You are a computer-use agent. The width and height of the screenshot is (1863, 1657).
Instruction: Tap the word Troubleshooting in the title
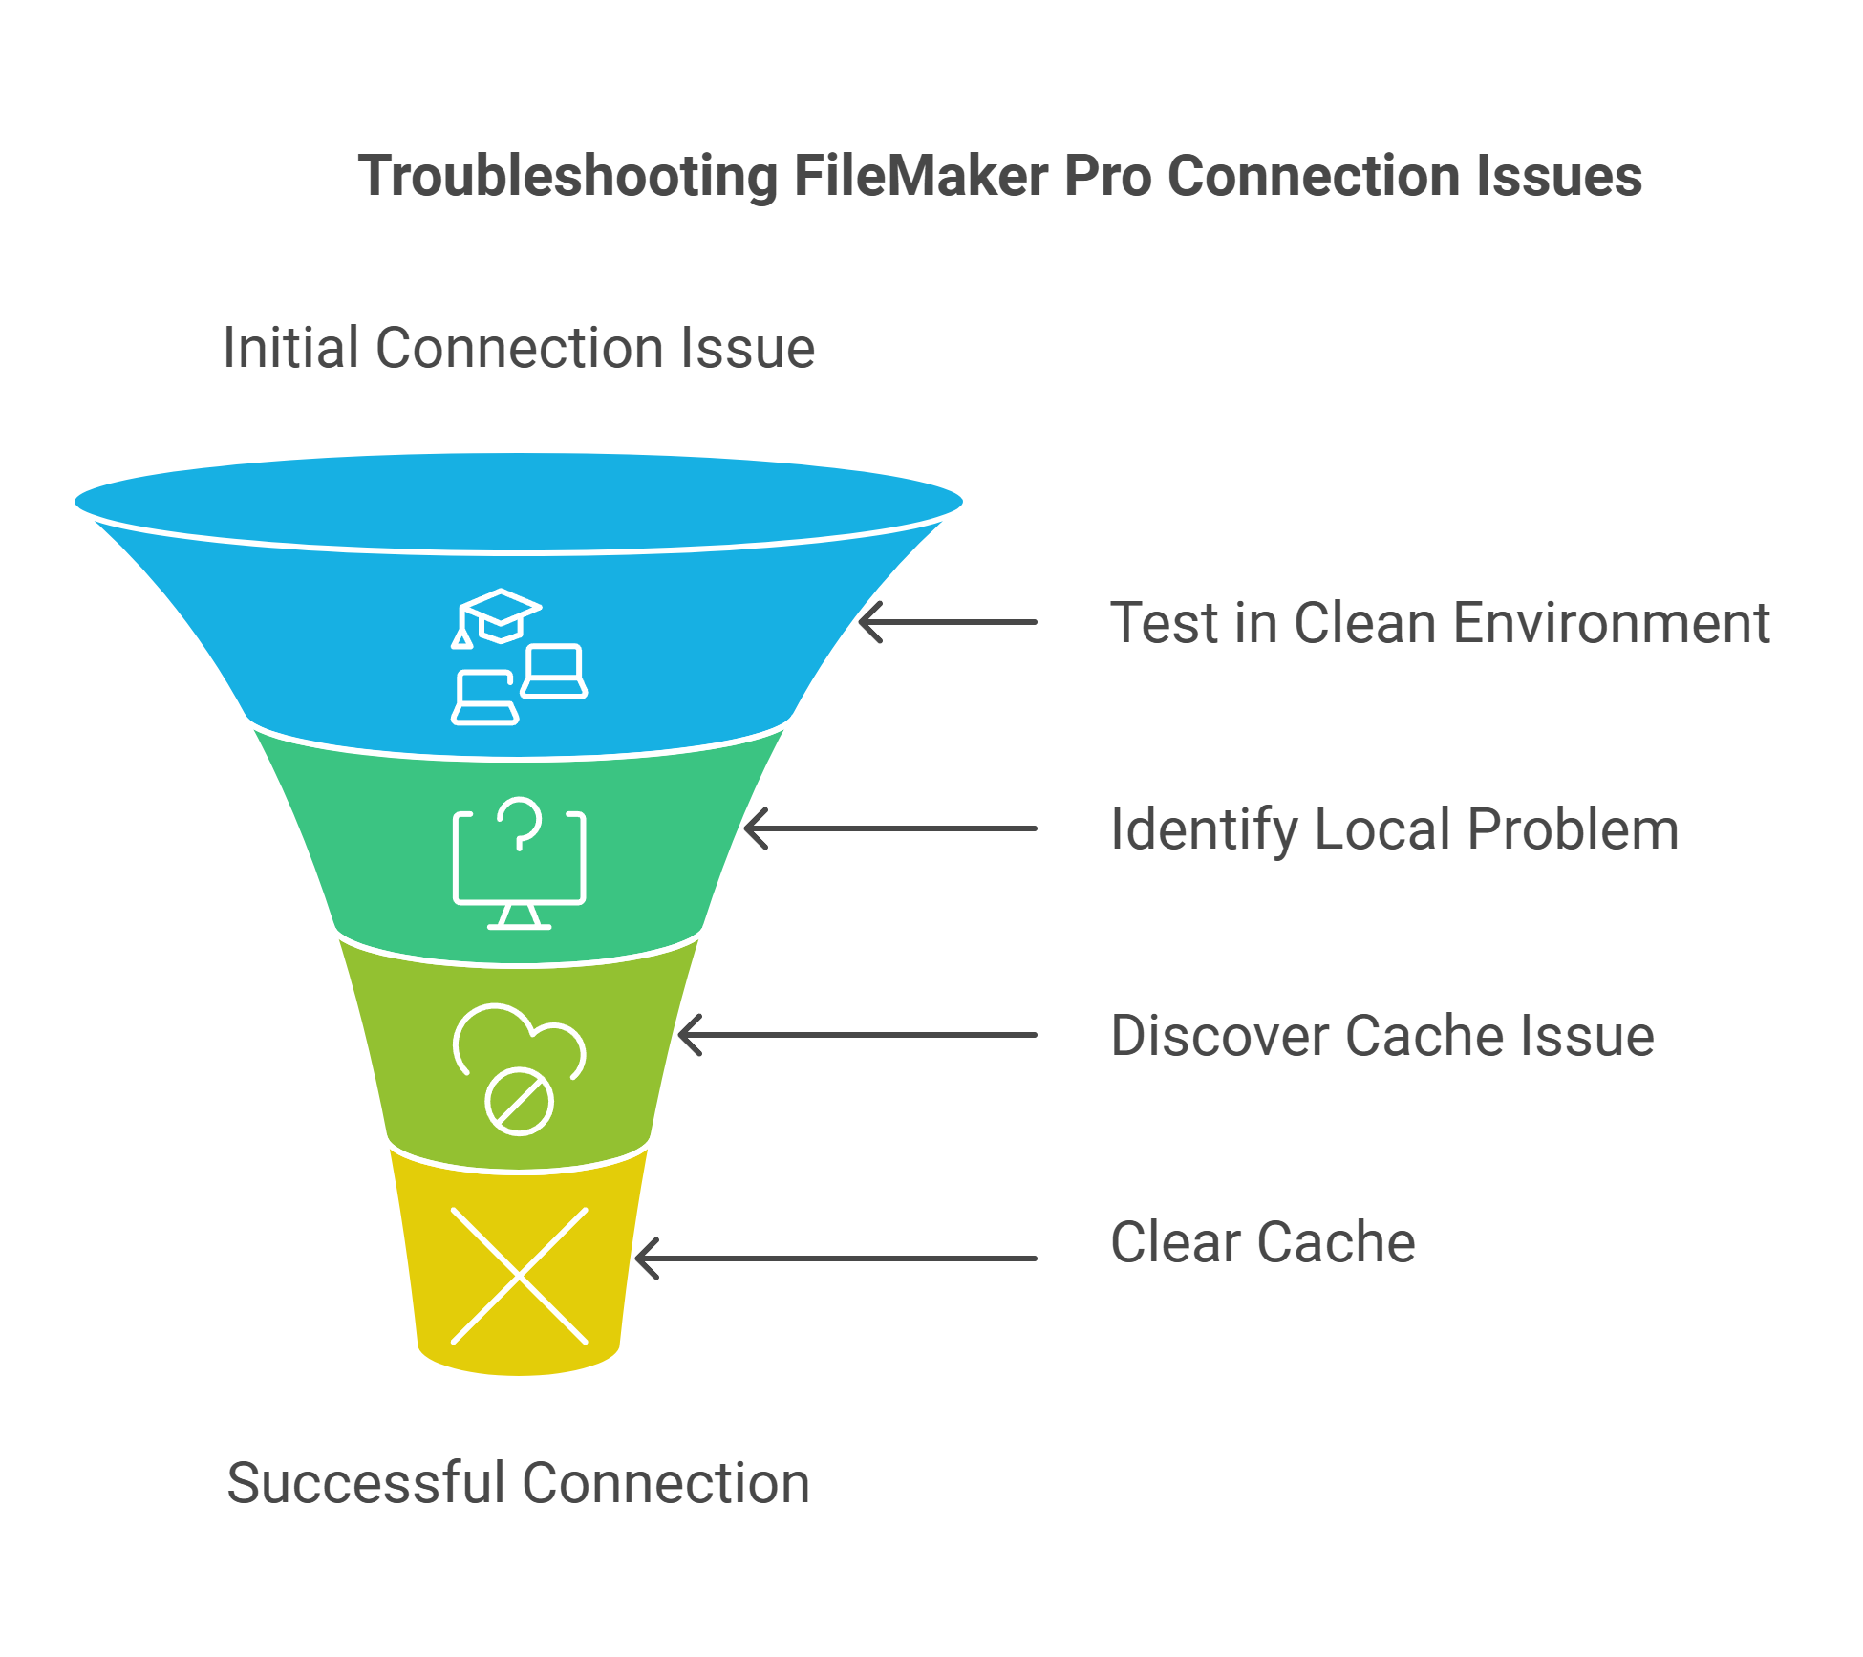[567, 177]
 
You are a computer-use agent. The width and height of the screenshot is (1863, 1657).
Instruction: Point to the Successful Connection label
[518, 1483]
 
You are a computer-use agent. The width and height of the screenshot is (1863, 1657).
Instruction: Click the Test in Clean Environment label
[1439, 623]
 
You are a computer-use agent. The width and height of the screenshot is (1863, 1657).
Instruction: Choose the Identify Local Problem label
[1394, 829]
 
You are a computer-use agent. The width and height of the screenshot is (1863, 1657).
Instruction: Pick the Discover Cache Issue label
[1381, 1036]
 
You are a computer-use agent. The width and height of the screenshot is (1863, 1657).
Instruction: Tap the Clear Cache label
[1262, 1242]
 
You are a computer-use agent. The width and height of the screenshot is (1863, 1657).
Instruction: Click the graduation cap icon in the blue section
[499, 615]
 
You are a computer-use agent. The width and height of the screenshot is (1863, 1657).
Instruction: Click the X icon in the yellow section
[519, 1276]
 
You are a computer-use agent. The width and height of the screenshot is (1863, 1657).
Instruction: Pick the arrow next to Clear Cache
[836, 1258]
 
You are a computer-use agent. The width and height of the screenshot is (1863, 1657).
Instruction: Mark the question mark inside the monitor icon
[520, 823]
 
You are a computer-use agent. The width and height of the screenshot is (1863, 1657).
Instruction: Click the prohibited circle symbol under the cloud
[519, 1101]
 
